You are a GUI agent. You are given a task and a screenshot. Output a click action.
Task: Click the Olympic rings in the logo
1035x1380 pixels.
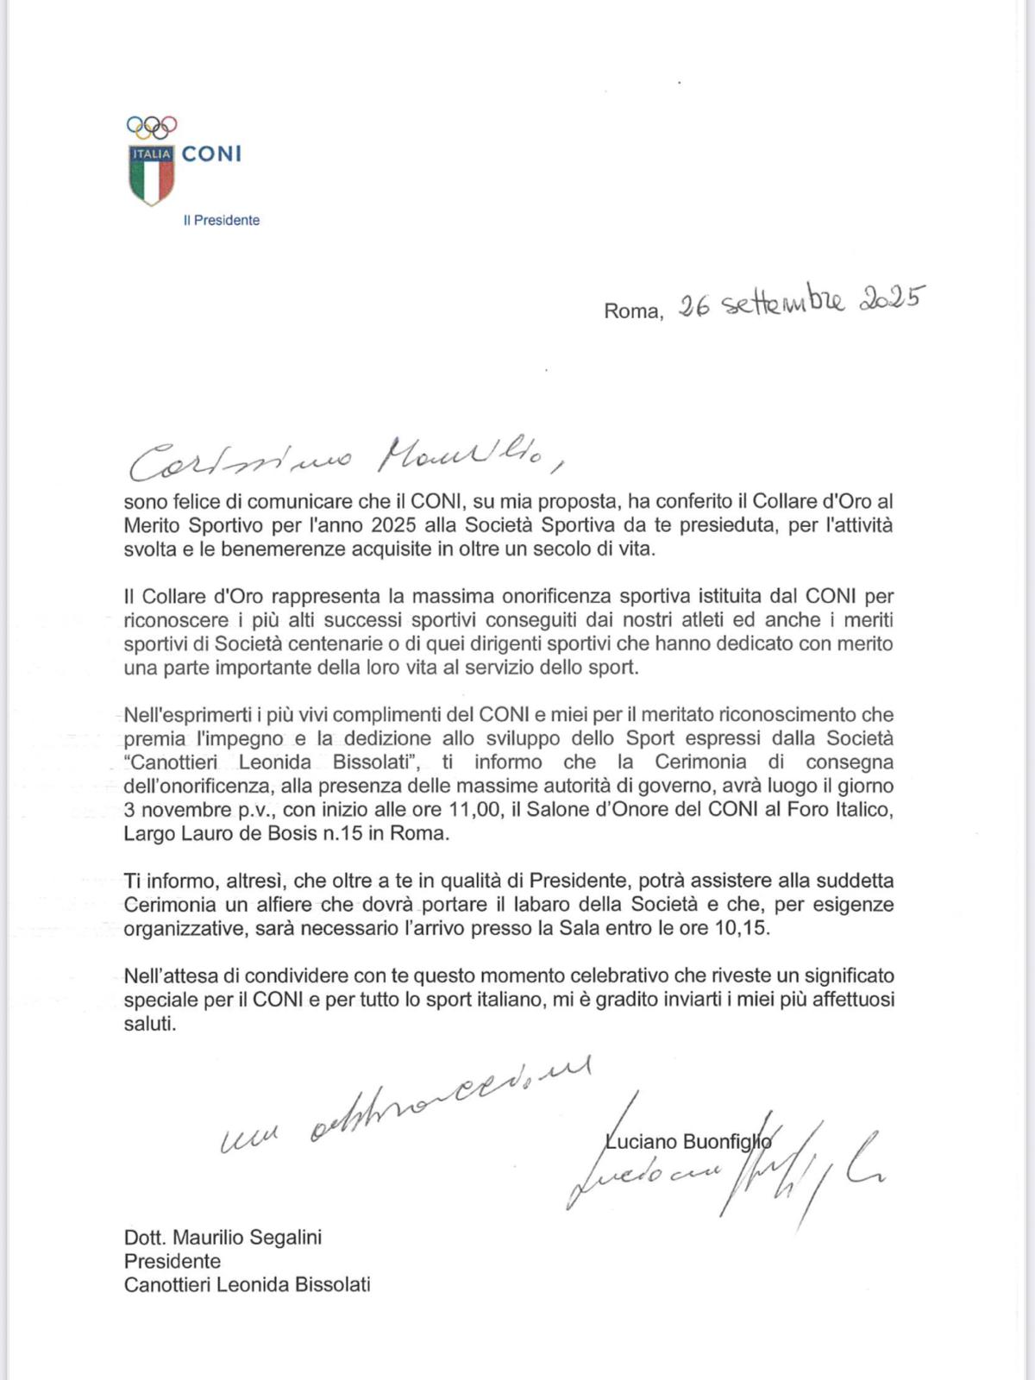[152, 127]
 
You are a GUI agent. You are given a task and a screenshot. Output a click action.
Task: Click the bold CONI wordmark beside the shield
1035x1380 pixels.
[212, 154]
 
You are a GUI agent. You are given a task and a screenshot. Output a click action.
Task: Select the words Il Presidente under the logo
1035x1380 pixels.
[222, 221]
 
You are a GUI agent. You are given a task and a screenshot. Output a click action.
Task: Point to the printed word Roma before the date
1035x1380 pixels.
[633, 311]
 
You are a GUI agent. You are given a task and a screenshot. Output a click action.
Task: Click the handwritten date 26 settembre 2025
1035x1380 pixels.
[800, 304]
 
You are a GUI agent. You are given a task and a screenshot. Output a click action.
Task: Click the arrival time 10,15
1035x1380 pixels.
[743, 929]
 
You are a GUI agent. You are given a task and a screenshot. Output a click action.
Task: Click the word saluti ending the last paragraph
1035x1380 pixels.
[149, 1024]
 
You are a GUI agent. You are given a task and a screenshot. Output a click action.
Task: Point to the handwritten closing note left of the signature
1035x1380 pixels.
[405, 1113]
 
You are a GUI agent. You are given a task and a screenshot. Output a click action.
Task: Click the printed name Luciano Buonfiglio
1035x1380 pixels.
[687, 1142]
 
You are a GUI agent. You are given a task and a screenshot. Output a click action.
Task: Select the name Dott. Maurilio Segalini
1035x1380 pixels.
[223, 1238]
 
